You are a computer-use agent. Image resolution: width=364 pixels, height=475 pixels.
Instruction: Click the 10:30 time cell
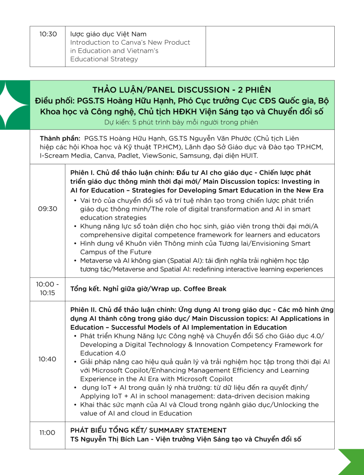(x=48, y=34)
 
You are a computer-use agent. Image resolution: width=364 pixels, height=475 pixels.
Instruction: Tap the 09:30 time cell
(x=48, y=209)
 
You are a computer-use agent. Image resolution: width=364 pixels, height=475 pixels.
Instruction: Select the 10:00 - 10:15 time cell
(x=48, y=289)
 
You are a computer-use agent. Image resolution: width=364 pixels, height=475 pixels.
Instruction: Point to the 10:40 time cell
(x=48, y=359)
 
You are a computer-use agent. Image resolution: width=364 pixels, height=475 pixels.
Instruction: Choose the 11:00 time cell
(x=48, y=433)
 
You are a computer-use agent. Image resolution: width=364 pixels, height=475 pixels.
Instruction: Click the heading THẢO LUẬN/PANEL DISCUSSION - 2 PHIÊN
(x=182, y=90)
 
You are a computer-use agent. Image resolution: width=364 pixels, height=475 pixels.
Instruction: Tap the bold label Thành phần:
(x=60, y=139)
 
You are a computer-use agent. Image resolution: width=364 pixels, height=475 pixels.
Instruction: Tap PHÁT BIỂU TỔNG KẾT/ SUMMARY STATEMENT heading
(x=149, y=430)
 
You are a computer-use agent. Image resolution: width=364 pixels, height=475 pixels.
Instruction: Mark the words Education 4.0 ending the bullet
(x=103, y=353)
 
